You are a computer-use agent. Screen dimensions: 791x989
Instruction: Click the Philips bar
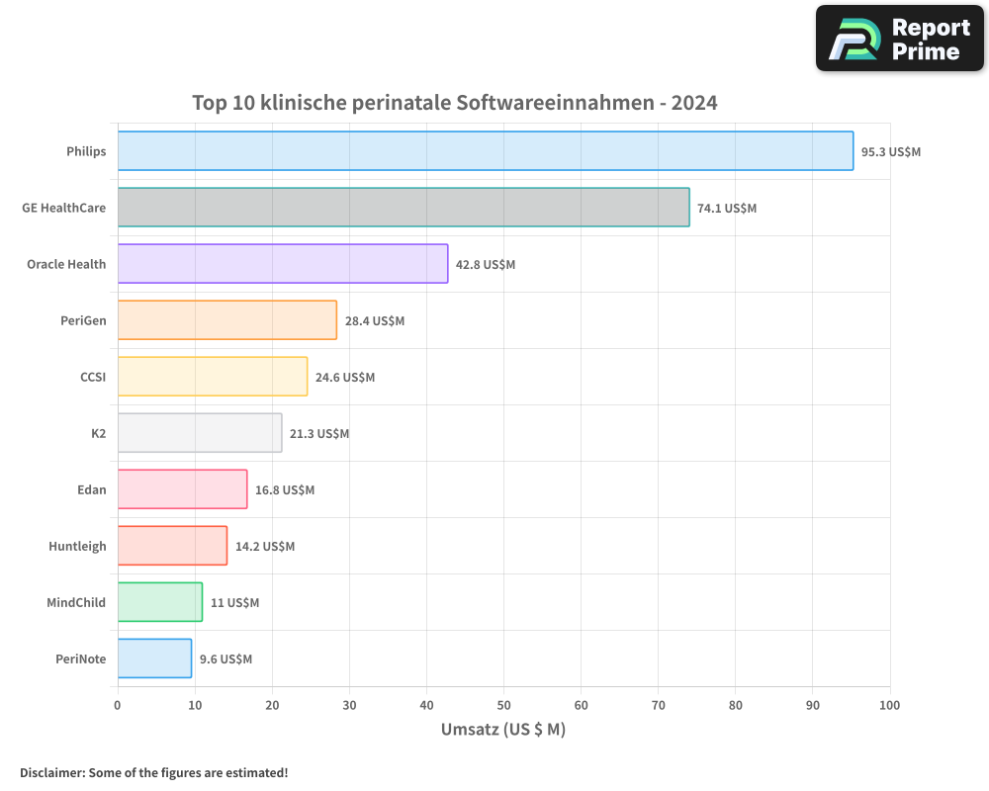[485, 151]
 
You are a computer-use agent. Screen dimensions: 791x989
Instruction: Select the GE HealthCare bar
[404, 208]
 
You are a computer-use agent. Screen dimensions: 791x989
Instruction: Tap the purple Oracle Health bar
[283, 264]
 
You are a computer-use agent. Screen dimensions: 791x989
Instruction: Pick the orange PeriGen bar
[227, 320]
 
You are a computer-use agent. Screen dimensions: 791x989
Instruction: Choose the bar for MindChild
[160, 602]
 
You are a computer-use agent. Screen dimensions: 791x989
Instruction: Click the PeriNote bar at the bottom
[154, 659]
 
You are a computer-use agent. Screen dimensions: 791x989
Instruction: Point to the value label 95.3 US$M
[890, 152]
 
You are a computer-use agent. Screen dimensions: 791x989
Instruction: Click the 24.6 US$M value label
[345, 378]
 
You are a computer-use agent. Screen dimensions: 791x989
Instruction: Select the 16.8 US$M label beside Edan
[285, 490]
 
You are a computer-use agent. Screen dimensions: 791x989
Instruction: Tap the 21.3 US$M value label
[319, 434]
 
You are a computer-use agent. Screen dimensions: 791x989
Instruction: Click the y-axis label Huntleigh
[77, 547]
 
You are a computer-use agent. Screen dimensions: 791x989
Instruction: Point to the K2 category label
[98, 434]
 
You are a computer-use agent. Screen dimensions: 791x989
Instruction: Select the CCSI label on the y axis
[93, 378]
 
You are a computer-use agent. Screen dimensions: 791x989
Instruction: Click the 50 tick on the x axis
[503, 706]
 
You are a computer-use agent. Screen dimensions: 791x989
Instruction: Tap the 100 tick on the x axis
[889, 706]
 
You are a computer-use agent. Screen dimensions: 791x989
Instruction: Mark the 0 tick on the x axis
[118, 706]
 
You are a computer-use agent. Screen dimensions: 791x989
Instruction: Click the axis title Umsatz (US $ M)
[502, 730]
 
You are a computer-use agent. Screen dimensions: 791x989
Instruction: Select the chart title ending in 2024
[454, 103]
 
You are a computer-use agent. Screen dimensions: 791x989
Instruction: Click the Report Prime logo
[900, 39]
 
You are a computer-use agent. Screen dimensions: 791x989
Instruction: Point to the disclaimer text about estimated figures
[153, 772]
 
